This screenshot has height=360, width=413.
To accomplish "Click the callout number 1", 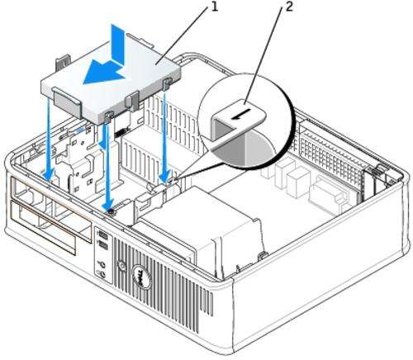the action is click(x=214, y=7).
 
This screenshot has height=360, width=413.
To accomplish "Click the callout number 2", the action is click(x=289, y=7).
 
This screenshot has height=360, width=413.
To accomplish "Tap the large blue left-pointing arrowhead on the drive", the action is click(x=104, y=73).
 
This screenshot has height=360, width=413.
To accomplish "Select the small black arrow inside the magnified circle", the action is click(x=241, y=115).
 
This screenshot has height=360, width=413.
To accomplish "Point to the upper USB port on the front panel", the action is click(x=102, y=235).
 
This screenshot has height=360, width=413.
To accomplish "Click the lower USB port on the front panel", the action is click(x=102, y=244).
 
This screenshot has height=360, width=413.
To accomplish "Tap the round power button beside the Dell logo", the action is click(x=121, y=266).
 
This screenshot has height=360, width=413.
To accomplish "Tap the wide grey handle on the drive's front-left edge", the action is click(x=67, y=101).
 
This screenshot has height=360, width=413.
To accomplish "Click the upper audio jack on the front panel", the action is click(x=102, y=265).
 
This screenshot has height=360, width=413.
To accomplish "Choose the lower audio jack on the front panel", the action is click(x=102, y=274).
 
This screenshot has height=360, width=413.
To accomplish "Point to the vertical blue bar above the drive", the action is click(x=117, y=44).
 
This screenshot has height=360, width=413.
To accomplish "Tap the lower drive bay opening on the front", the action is click(x=44, y=225).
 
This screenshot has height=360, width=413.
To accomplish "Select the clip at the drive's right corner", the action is click(x=168, y=83).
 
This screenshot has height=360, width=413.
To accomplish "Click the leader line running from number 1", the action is click(x=181, y=35).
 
